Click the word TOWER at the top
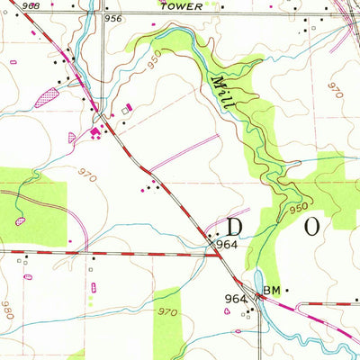coord(176,4)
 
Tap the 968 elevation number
coord(13,5)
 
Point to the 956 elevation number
coord(112,18)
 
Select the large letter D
coord(236,226)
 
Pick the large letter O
coord(310,226)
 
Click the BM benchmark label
coord(273,291)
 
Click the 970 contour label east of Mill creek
coord(336,90)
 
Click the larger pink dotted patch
coord(46,98)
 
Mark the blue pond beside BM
coord(257,282)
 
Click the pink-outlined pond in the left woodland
coord(21,220)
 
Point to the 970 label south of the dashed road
coord(167,311)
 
